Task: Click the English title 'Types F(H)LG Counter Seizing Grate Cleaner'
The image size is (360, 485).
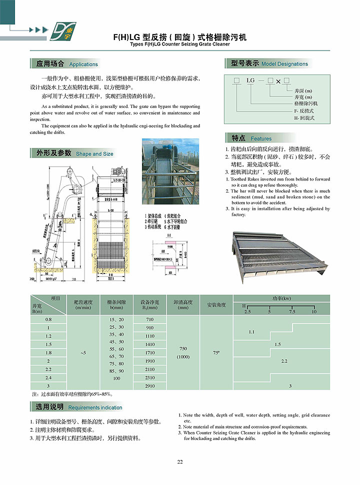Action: click(x=180, y=44)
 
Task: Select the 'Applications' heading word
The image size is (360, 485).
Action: click(x=83, y=64)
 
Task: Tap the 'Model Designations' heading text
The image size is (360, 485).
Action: click(x=284, y=64)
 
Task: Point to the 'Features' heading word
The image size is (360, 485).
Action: click(x=261, y=138)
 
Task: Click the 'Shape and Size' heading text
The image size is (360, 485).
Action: click(x=94, y=154)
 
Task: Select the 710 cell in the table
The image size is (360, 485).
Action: click(x=149, y=319)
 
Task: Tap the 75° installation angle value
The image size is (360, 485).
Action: click(x=216, y=353)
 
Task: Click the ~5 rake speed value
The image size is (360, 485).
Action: click(x=83, y=353)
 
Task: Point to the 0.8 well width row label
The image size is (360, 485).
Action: click(x=48, y=319)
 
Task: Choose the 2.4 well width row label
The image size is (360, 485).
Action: click(x=48, y=377)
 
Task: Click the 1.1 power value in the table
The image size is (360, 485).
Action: click(x=251, y=331)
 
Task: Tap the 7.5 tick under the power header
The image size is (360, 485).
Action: click(x=292, y=311)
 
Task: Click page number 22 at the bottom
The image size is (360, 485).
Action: click(x=180, y=461)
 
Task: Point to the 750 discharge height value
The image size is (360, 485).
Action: click(x=183, y=348)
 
